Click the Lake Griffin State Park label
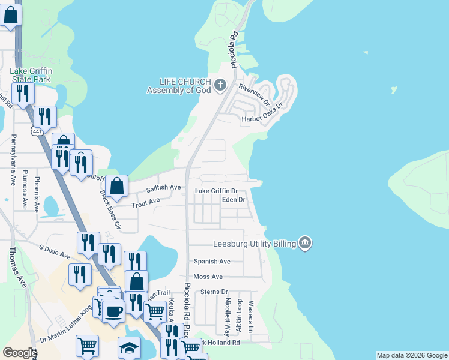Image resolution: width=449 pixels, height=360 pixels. (31, 75)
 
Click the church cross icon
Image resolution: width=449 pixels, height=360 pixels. (220, 85)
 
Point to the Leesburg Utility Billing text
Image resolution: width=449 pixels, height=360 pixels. (255, 244)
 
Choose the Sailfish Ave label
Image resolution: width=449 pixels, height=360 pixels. (163, 188)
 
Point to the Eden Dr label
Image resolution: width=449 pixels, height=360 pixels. (234, 199)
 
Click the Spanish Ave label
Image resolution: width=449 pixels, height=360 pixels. (212, 262)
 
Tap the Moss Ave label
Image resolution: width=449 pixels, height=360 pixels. (208, 277)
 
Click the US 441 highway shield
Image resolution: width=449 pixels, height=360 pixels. (37, 130)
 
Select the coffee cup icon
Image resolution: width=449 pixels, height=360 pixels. (113, 311)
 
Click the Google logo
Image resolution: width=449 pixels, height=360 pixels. (20, 353)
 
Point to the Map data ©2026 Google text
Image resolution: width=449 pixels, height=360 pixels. (412, 355)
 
